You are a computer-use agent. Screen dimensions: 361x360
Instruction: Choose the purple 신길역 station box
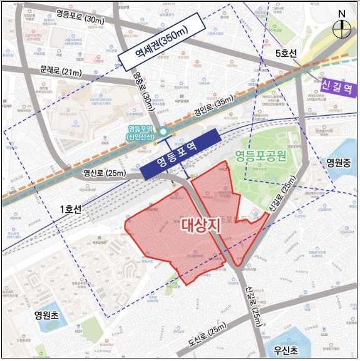pos(337,88)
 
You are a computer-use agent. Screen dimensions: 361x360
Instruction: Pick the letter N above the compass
pos(342,13)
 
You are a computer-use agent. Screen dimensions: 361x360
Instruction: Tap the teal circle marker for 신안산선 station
pos(163,131)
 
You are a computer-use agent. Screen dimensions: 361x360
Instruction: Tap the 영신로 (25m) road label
pos(104,172)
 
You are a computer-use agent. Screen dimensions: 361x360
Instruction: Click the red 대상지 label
pos(202,225)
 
